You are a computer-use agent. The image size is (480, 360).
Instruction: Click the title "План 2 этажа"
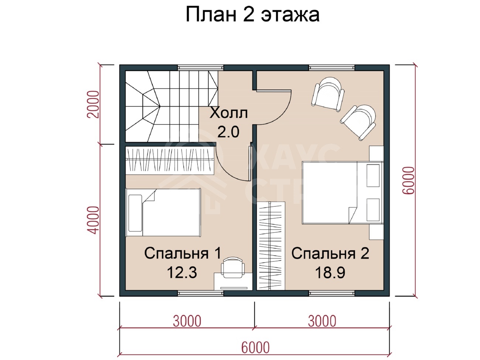click(253, 15)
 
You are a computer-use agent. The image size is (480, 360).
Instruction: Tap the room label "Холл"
click(229, 113)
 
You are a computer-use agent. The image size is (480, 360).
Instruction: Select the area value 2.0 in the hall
click(228, 132)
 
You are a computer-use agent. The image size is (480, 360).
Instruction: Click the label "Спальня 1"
click(183, 253)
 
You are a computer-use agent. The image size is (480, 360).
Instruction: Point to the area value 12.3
click(182, 272)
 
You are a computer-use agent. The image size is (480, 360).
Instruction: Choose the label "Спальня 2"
click(330, 253)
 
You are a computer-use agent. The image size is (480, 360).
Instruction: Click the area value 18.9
click(330, 272)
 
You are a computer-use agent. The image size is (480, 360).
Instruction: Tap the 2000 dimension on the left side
click(93, 104)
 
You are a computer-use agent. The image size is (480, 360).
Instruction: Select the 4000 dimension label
click(93, 220)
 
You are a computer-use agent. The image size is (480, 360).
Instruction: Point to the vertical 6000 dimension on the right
click(408, 180)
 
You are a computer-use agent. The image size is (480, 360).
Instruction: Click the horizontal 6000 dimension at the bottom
click(256, 347)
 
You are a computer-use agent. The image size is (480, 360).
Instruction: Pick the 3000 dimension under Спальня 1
click(187, 321)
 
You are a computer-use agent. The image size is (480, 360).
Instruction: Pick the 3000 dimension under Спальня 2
click(322, 321)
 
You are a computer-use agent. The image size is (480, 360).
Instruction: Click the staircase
click(172, 106)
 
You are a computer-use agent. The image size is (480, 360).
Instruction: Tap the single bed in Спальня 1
click(163, 212)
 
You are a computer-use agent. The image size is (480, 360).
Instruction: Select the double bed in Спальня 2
click(343, 193)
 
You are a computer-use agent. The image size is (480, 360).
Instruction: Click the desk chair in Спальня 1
click(233, 268)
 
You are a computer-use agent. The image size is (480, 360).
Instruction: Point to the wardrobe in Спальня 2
click(271, 246)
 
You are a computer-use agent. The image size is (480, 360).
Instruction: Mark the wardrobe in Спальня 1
click(170, 161)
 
